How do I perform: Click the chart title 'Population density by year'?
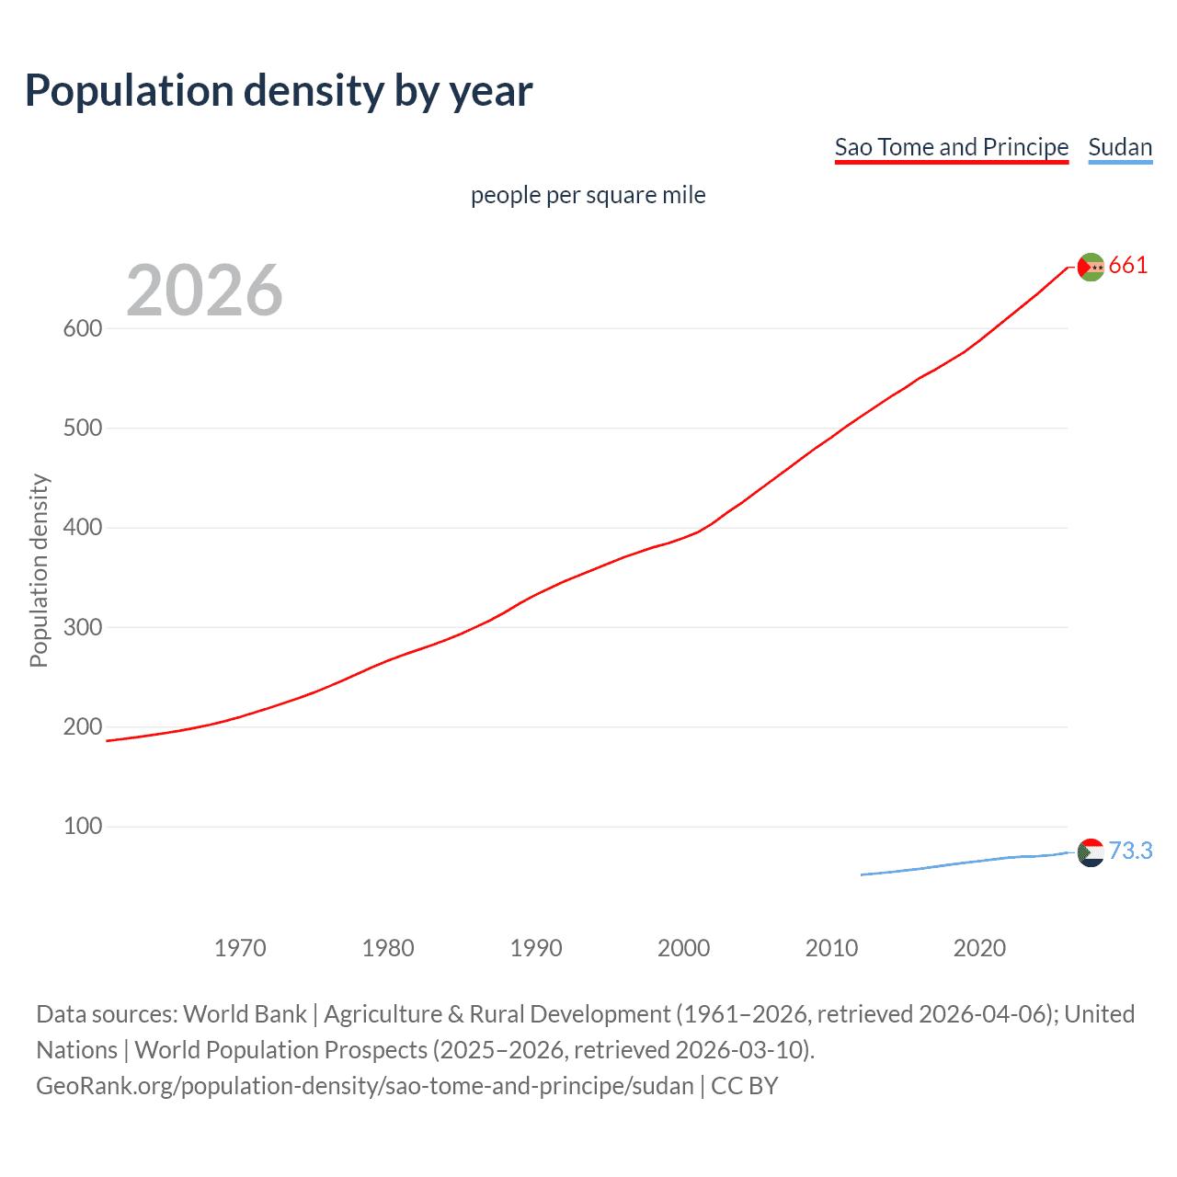click(x=279, y=91)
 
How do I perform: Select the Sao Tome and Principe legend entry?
click(x=951, y=147)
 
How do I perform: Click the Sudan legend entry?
click(x=1119, y=147)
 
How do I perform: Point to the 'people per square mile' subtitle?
click(x=588, y=195)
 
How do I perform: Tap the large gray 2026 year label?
click(x=204, y=291)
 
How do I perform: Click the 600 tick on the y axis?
click(x=83, y=328)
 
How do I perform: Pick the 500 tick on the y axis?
click(x=83, y=429)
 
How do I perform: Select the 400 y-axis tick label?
click(x=83, y=528)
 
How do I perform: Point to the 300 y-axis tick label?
click(x=83, y=627)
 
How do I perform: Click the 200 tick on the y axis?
click(x=83, y=726)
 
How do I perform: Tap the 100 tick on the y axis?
click(x=83, y=827)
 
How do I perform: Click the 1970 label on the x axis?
click(x=240, y=948)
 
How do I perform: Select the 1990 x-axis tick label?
click(x=536, y=948)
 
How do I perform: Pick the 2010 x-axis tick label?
click(x=831, y=948)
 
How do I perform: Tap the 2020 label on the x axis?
click(x=979, y=948)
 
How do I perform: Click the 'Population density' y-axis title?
click(x=39, y=570)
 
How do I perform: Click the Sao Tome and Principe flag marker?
click(x=1091, y=267)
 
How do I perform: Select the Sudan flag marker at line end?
click(x=1091, y=852)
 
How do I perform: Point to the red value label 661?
click(x=1128, y=266)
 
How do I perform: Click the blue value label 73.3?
click(x=1130, y=851)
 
